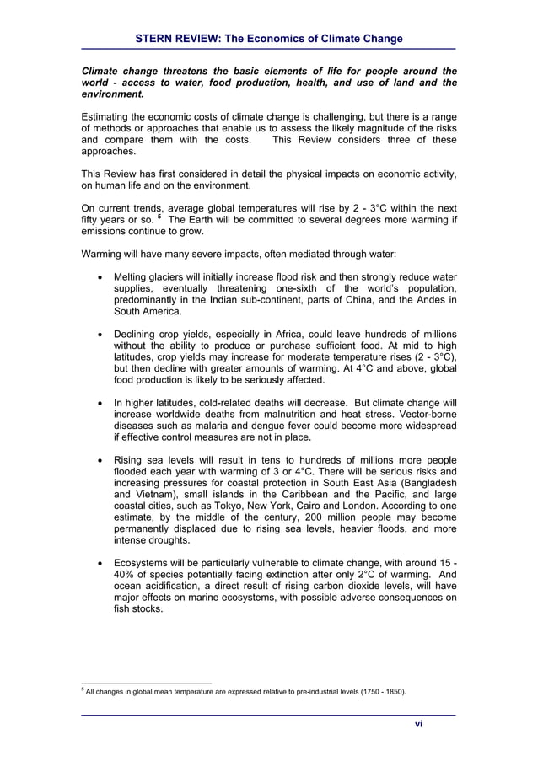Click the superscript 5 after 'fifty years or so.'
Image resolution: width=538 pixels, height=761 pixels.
point(158,217)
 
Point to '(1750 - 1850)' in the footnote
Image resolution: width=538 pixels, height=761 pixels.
point(379,692)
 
